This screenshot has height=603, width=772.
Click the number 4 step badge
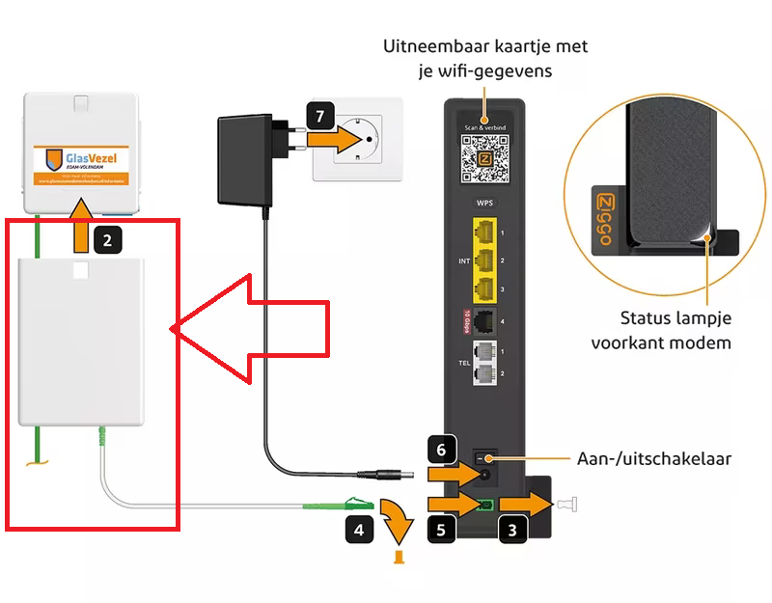tap(357, 528)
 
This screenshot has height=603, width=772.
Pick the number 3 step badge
tap(511, 528)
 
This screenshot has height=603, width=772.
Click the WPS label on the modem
tap(483, 206)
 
